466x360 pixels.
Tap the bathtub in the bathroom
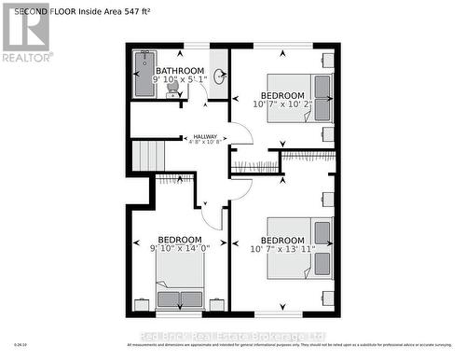tap(144, 75)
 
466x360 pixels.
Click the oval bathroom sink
tap(218, 77)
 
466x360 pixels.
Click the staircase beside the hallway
tap(147, 155)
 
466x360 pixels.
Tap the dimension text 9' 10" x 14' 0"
tap(181, 248)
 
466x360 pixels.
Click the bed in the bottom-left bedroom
tap(180, 280)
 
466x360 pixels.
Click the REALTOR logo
tap(25, 34)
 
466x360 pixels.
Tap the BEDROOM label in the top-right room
tap(281, 95)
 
